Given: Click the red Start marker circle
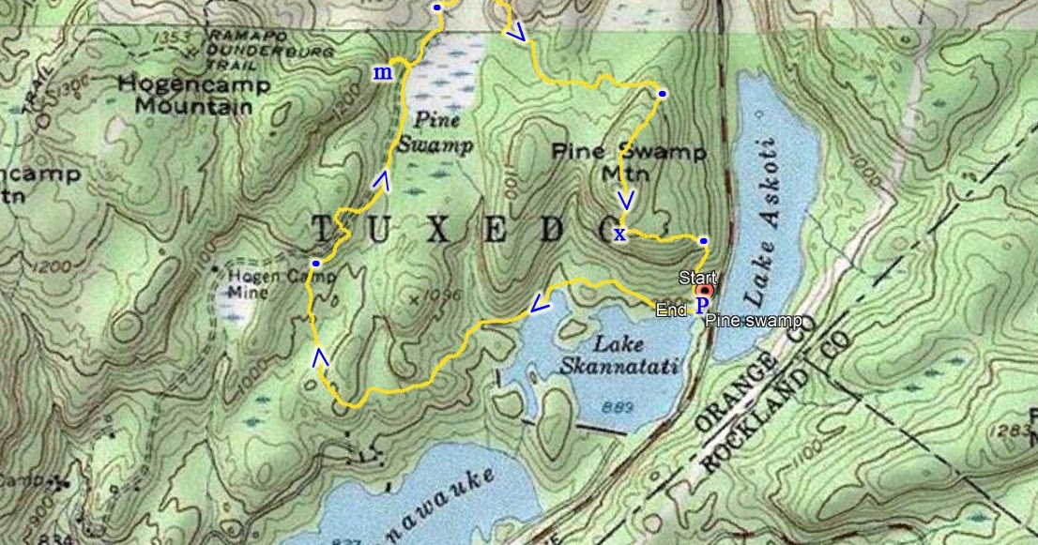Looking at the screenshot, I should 704,292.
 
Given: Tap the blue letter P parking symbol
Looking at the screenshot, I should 702,306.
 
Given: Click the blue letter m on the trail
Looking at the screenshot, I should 383,73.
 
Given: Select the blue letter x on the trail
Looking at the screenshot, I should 619,234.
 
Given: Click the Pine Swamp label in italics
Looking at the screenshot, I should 434,133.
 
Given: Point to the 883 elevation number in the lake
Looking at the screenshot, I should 615,407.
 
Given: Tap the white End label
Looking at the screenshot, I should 671,310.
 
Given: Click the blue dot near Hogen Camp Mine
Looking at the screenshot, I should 316,264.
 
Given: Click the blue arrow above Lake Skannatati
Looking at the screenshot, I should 539,304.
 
